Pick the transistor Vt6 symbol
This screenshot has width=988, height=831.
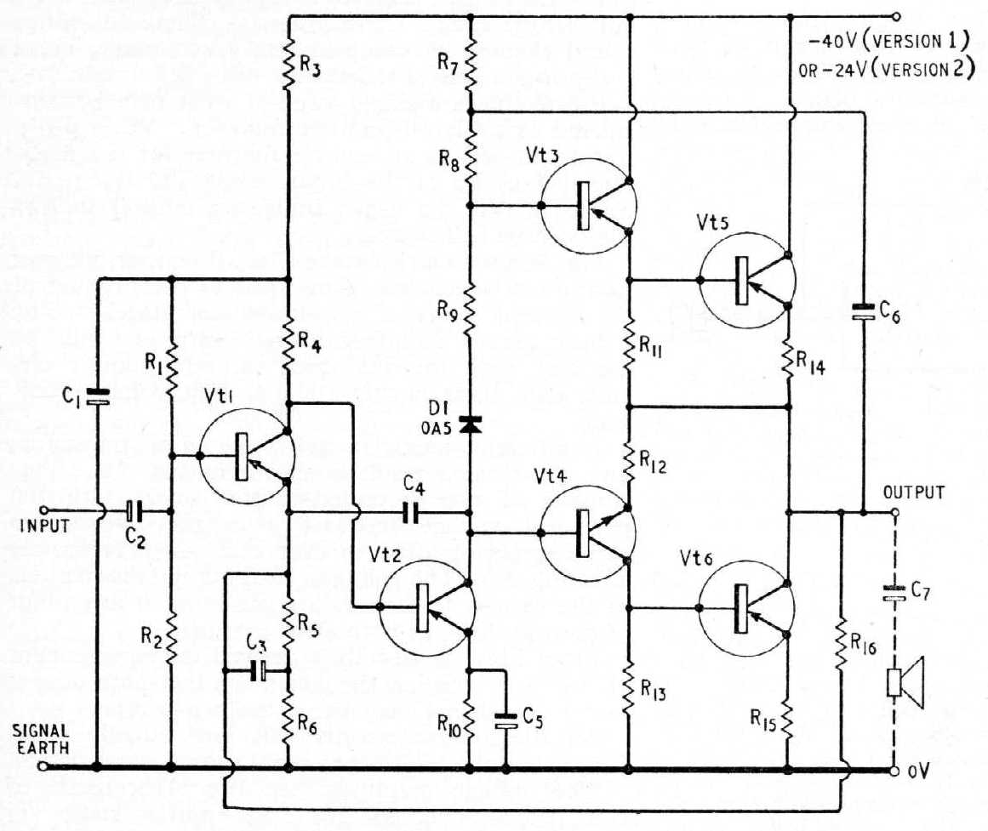coord(745,608)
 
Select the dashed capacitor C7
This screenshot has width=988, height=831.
coord(894,592)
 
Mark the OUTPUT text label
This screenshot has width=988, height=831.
coord(914,492)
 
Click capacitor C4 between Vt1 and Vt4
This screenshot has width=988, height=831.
coord(409,512)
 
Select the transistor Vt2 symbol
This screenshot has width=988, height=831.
coord(425,606)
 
